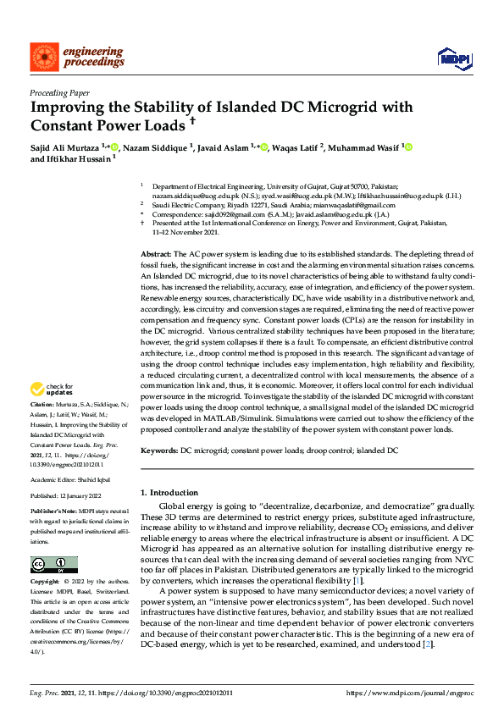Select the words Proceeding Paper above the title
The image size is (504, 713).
click(x=59, y=93)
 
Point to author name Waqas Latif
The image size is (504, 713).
click(x=297, y=147)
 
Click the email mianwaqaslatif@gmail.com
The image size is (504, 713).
click(x=354, y=205)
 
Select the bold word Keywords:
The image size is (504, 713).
click(x=158, y=451)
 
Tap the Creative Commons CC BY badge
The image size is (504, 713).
click(x=53, y=564)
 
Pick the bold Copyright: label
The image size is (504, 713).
click(x=45, y=583)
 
